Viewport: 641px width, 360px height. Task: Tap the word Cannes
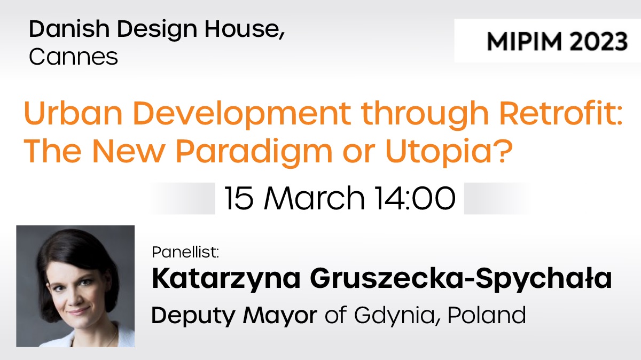(73, 57)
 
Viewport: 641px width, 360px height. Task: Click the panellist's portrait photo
(75, 286)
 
